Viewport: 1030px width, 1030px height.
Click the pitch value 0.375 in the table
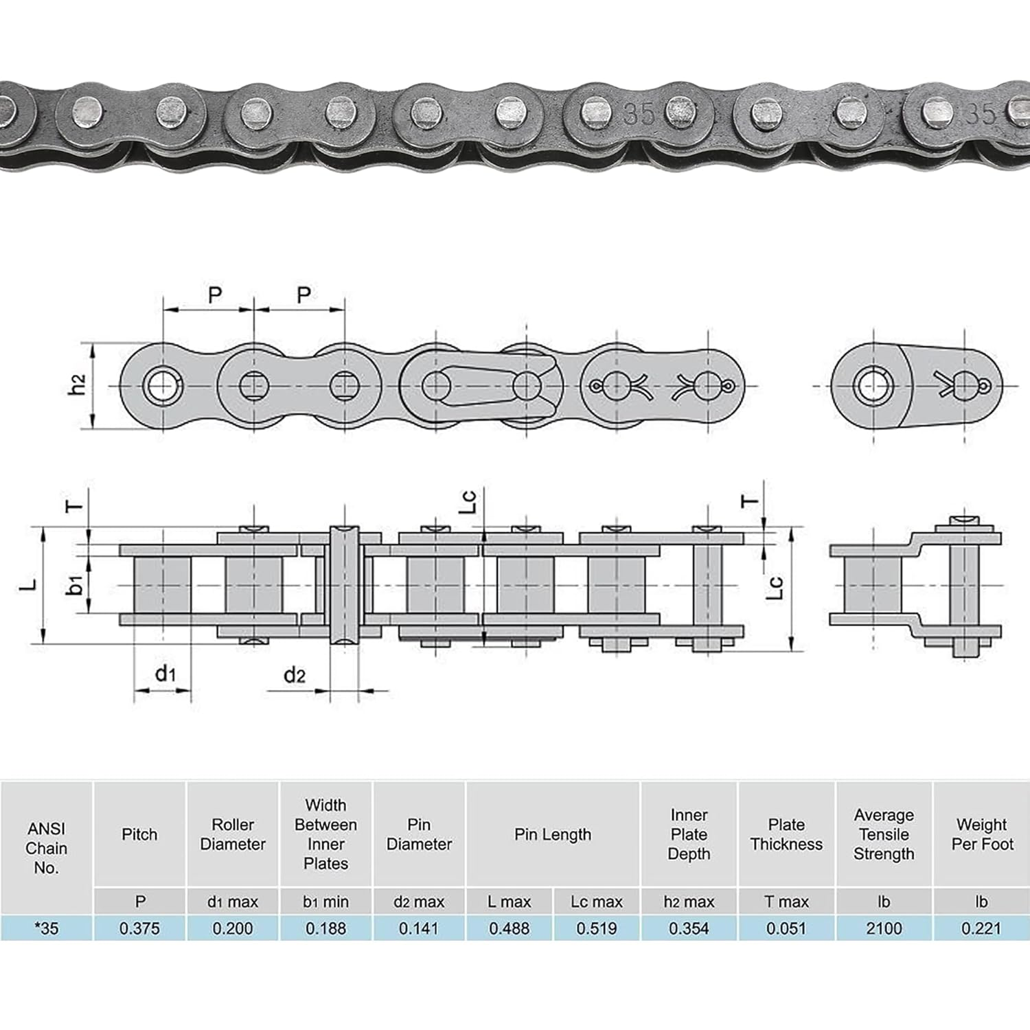click(x=139, y=928)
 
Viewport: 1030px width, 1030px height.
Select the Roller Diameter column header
click(x=233, y=834)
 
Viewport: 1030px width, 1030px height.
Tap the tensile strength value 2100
click(x=884, y=928)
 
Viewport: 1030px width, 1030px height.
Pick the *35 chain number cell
click(x=47, y=928)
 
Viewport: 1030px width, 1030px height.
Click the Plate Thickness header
click(x=786, y=834)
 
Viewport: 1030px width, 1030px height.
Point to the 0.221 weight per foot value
click(x=981, y=928)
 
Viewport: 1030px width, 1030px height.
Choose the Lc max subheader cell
click(x=596, y=902)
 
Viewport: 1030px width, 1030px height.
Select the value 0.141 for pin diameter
click(x=419, y=928)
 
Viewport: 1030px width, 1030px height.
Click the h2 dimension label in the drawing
click(x=78, y=385)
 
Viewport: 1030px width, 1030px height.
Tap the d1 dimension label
click(x=165, y=674)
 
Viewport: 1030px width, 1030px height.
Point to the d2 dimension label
click(x=294, y=676)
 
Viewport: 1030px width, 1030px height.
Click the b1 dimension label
click(x=75, y=584)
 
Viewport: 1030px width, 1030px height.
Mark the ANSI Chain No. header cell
click(x=47, y=848)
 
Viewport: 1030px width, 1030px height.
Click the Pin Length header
click(x=553, y=834)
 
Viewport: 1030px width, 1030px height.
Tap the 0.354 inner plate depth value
click(x=689, y=928)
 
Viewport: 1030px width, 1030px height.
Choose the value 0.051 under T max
click(x=786, y=928)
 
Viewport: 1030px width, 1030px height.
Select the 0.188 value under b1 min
click(x=325, y=928)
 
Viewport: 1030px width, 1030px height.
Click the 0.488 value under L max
click(x=509, y=928)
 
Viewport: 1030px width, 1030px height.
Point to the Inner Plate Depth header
click(x=689, y=834)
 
